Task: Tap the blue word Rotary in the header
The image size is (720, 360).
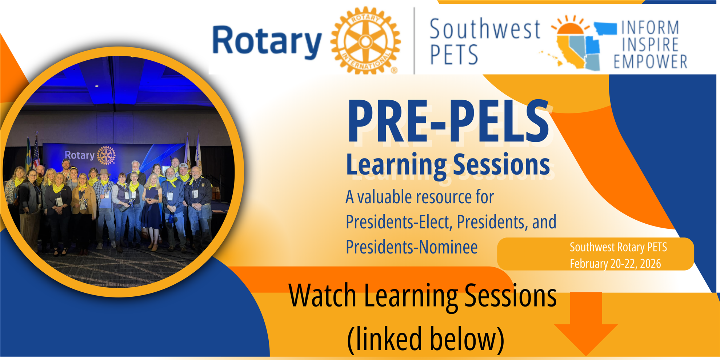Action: (x=267, y=42)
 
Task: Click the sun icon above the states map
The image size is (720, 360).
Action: (x=570, y=26)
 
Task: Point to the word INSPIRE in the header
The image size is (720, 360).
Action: (x=650, y=44)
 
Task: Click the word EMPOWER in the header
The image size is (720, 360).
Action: (x=650, y=61)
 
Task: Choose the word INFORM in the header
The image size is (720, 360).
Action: (x=650, y=28)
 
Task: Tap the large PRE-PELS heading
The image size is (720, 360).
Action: (x=448, y=121)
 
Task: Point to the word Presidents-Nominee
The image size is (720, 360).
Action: (x=412, y=247)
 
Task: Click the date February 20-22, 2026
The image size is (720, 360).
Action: (x=615, y=264)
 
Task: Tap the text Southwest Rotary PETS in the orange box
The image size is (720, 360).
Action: (x=618, y=247)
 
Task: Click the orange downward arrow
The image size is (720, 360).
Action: (x=586, y=323)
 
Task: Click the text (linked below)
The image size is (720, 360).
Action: (x=426, y=339)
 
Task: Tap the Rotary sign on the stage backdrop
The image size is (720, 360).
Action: (x=90, y=155)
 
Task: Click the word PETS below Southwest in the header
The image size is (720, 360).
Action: (x=454, y=55)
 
